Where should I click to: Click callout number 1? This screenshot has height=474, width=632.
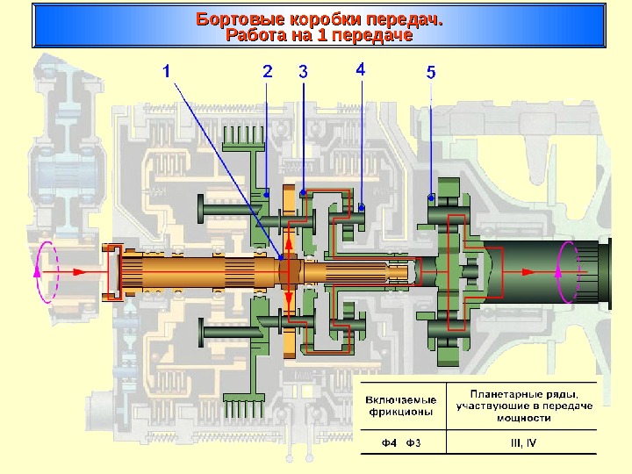[167, 72]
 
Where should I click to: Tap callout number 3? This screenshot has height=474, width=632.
[303, 71]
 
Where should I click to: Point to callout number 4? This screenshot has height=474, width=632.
[361, 68]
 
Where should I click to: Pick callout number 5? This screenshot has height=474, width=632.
[430, 73]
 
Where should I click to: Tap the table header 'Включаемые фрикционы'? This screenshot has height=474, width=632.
[399, 405]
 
